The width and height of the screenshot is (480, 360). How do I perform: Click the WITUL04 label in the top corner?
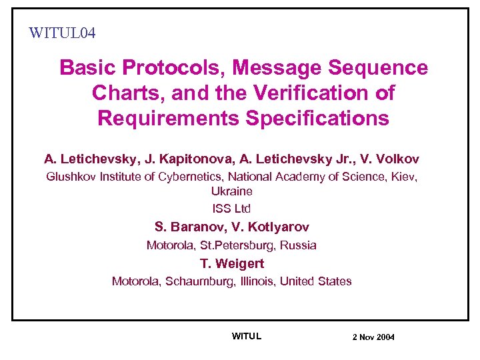pos(63,32)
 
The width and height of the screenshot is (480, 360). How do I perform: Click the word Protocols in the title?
pos(169,67)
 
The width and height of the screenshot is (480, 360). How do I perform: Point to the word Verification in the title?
pos(320,93)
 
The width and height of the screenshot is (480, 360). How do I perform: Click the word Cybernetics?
pos(189,177)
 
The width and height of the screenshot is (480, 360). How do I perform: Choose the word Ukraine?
pos(231,191)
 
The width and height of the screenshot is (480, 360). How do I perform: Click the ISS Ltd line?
pos(231,209)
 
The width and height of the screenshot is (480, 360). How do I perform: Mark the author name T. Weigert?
pos(232,263)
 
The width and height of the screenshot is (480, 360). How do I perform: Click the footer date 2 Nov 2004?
pos(373,337)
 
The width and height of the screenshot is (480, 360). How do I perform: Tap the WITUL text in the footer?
pos(247,336)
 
